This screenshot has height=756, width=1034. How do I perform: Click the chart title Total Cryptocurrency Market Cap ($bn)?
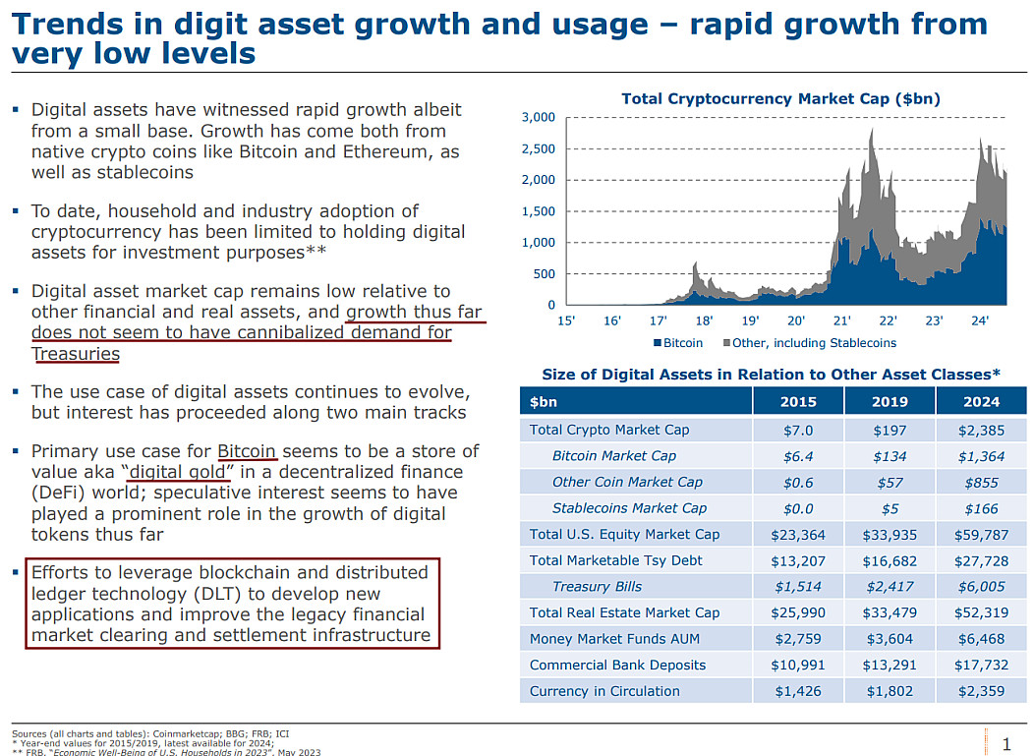pyautogui.click(x=780, y=98)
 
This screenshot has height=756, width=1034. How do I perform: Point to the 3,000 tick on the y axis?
pyautogui.click(x=538, y=118)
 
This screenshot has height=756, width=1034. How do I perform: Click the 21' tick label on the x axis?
pyautogui.click(x=841, y=320)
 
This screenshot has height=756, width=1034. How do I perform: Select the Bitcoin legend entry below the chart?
pyautogui.click(x=678, y=343)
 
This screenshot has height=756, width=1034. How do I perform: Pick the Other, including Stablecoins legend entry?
pyautogui.click(x=813, y=343)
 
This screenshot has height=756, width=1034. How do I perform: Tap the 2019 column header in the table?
pyautogui.click(x=890, y=401)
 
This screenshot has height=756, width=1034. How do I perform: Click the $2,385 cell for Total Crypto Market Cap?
pyautogui.click(x=981, y=430)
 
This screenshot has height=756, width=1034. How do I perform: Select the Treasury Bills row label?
pyautogui.click(x=597, y=587)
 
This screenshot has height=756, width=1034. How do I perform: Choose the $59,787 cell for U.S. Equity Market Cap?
pyautogui.click(x=981, y=535)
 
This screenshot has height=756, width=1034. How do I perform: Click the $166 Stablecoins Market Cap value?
pyautogui.click(x=981, y=508)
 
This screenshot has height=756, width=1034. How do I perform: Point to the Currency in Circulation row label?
pyautogui.click(x=604, y=691)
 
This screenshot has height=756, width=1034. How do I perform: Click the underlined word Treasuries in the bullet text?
pyautogui.click(x=76, y=354)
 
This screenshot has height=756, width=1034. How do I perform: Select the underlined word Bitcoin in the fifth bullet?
pyautogui.click(x=247, y=451)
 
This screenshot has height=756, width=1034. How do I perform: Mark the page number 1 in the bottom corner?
pyautogui.click(x=1005, y=742)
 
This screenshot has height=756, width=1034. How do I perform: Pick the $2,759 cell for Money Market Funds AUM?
pyautogui.click(x=798, y=639)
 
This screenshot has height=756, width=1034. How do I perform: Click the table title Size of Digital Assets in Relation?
pyautogui.click(x=771, y=374)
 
